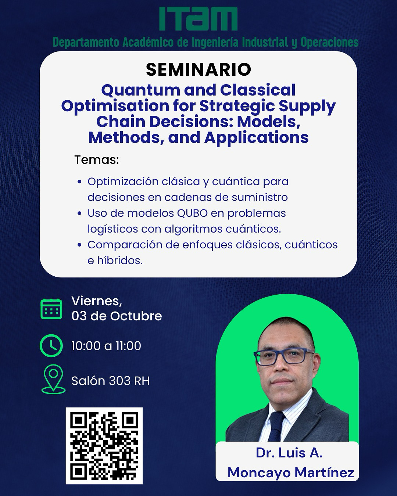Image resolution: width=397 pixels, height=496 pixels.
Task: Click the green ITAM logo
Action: (x=198, y=19)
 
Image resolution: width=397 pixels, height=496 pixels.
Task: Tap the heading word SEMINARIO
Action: (x=198, y=69)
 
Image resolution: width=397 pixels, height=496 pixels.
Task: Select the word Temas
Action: (x=97, y=160)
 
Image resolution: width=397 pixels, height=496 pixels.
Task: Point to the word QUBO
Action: (x=192, y=213)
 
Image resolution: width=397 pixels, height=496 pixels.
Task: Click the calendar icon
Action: (x=51, y=309)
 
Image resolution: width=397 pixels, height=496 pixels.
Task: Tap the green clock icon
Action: (x=51, y=346)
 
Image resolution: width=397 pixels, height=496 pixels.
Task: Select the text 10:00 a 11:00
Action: (x=106, y=346)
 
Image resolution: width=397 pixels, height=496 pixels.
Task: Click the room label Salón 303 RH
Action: (x=111, y=381)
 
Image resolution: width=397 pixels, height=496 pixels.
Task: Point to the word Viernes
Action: (x=97, y=301)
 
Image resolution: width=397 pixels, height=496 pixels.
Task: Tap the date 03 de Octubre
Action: (x=117, y=316)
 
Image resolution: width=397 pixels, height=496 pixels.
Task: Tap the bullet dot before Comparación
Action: (x=80, y=245)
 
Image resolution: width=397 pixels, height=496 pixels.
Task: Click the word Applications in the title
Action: (x=257, y=138)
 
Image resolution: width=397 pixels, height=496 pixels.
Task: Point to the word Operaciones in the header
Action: (x=330, y=42)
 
